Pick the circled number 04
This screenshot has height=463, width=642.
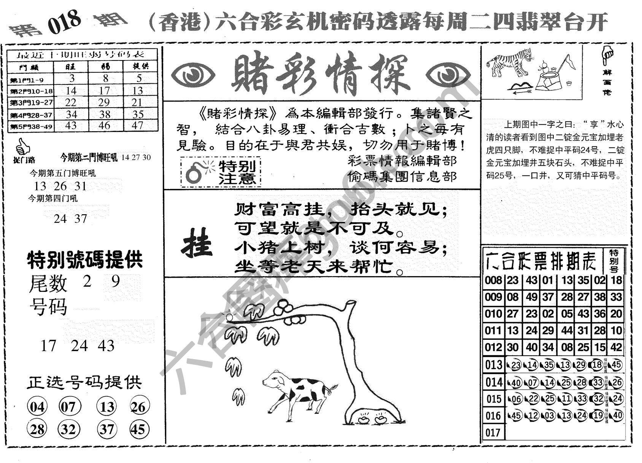tap(37, 407)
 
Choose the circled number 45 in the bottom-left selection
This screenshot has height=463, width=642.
tap(139, 429)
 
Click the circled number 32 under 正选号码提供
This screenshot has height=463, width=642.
tap(69, 429)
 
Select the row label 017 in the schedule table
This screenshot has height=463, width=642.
tap(493, 433)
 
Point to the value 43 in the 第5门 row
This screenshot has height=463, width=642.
tap(71, 125)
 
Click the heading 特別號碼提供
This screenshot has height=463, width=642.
tap(85, 260)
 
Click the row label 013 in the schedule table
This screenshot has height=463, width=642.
tap(493, 365)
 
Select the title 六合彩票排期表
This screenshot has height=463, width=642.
tap(542, 261)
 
